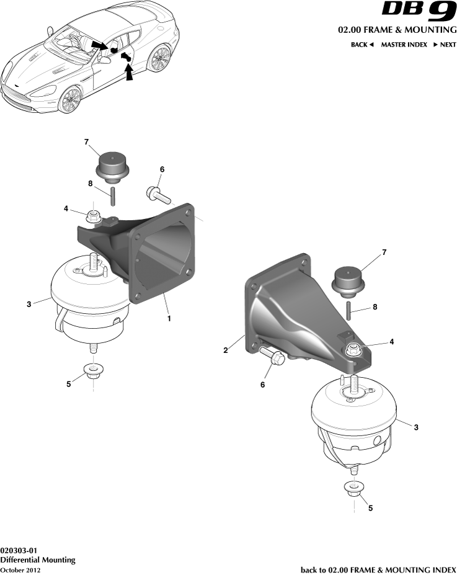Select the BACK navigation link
coord(362,45)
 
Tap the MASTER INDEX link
coord(404,45)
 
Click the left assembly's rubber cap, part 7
coord(112,166)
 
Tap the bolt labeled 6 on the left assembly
coord(159,195)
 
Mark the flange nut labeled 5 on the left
coord(93,373)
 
